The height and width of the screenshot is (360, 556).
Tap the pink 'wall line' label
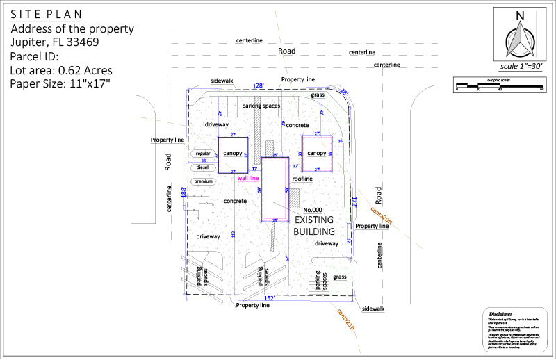[248, 178]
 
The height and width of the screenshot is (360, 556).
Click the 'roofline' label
[302, 179]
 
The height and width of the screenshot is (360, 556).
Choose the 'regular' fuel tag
[202, 154]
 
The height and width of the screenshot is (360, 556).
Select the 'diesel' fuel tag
[202, 167]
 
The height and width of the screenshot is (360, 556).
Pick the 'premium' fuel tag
[202, 181]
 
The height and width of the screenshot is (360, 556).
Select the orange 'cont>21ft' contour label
[345, 320]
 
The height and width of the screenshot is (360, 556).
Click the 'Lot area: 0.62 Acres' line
[61, 70]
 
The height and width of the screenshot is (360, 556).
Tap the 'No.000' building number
[311, 210]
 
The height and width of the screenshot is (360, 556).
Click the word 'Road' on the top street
[286, 51]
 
